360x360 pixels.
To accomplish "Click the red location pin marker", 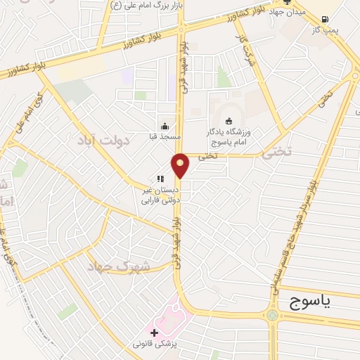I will click(181, 165).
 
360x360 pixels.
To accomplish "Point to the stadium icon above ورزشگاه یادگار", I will click(229, 120).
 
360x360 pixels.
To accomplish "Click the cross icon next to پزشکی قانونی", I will click(155, 331).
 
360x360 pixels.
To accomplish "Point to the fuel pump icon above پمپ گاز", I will click(326, 19).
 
